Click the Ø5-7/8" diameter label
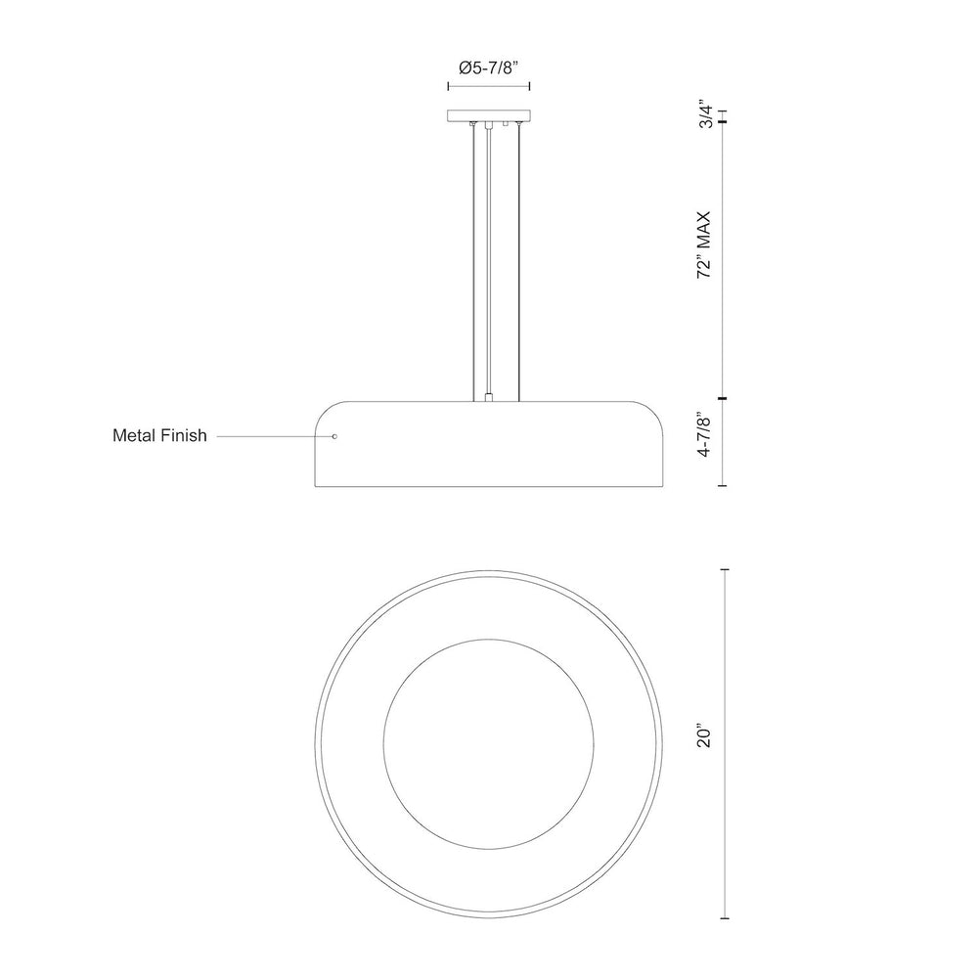click(489, 67)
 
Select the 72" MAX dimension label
click(704, 244)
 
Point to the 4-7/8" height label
click(704, 435)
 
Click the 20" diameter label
click(704, 736)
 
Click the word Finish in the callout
click(185, 435)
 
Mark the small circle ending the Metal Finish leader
click(334, 436)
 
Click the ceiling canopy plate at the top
click(489, 116)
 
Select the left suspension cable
click(474, 262)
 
